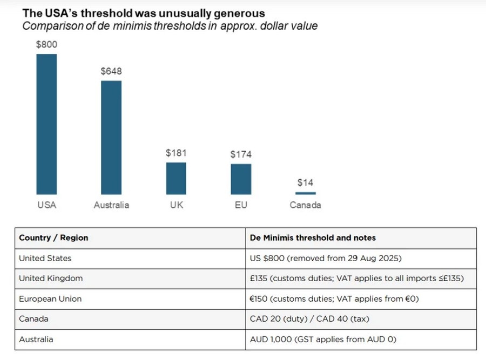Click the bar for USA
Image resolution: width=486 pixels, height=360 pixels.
pyautogui.click(x=46, y=124)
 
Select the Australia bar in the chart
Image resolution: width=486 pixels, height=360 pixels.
pyautogui.click(x=111, y=138)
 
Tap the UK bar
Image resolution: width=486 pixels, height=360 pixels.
pyautogui.click(x=176, y=178)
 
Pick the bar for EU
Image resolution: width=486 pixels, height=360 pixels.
pyautogui.click(x=241, y=179)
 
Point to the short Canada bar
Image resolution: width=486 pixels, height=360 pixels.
pyautogui.click(x=306, y=193)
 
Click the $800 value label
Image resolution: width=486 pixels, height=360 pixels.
pyautogui.click(x=46, y=45)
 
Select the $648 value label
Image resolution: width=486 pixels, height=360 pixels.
pyautogui.click(x=111, y=71)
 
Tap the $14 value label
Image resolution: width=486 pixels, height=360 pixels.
pyautogui.click(x=306, y=182)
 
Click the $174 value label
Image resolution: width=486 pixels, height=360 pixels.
pyautogui.click(x=241, y=154)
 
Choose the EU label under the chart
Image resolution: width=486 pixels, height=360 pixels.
pyautogui.click(x=241, y=205)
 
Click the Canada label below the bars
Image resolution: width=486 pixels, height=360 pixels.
pyautogui.click(x=306, y=205)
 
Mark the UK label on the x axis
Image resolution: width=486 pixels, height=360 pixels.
pyautogui.click(x=176, y=205)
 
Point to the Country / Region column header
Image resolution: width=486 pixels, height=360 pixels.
pyautogui.click(x=53, y=237)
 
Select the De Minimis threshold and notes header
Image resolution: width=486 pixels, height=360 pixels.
pyautogui.click(x=313, y=237)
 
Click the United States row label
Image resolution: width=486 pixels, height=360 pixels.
pyautogui.click(x=45, y=258)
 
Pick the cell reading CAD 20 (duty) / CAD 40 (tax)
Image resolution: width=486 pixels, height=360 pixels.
pyautogui.click(x=309, y=319)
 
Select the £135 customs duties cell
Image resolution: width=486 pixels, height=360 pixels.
pyautogui.click(x=357, y=279)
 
